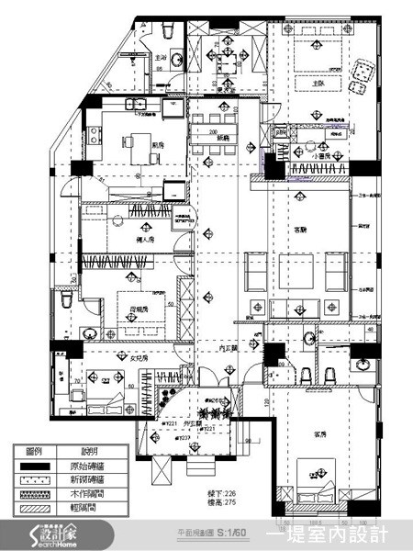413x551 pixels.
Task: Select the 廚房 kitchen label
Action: click(x=158, y=144)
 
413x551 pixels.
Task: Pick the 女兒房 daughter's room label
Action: click(x=138, y=358)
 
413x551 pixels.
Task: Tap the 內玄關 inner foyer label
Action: click(x=229, y=348)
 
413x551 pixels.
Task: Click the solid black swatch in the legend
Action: click(x=34, y=466)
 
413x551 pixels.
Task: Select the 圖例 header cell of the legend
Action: click(x=34, y=452)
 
